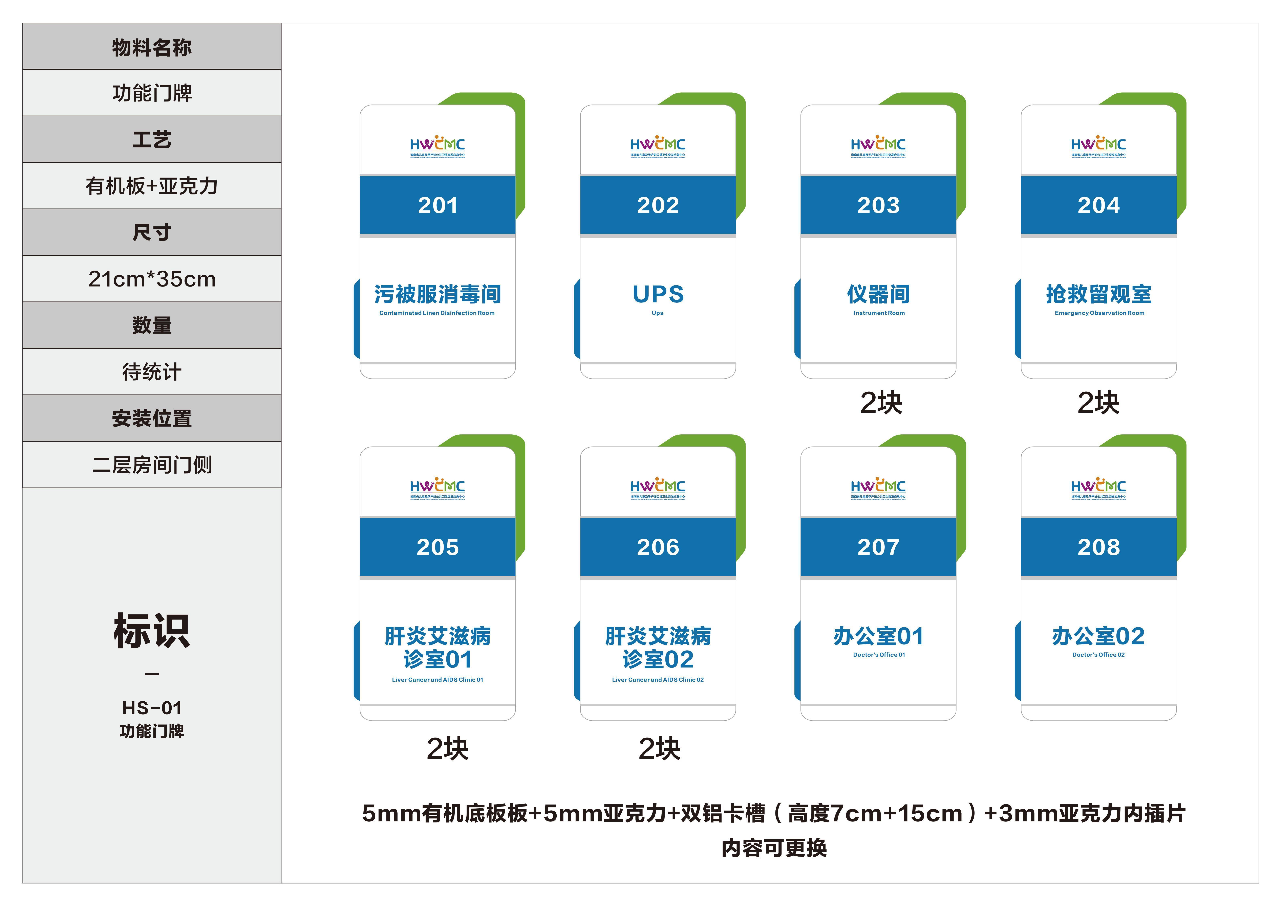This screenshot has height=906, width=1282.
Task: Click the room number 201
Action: tap(438, 205)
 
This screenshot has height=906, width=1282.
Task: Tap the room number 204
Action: tap(1098, 205)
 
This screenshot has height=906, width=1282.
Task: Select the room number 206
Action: tap(658, 547)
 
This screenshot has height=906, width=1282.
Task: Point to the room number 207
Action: tap(878, 547)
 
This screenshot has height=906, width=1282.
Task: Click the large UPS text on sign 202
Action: tap(658, 294)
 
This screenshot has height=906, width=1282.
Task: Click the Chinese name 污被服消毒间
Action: tap(438, 294)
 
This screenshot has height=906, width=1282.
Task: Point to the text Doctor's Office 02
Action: tap(1098, 655)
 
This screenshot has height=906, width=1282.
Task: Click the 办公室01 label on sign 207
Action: tap(878, 636)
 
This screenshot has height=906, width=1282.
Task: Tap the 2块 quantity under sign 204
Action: tap(1098, 403)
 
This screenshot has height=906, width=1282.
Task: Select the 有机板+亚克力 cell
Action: tap(152, 186)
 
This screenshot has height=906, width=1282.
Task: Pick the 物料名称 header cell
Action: tap(152, 47)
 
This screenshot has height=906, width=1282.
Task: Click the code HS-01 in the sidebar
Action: tap(152, 708)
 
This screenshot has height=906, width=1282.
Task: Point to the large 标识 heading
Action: tap(152, 631)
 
